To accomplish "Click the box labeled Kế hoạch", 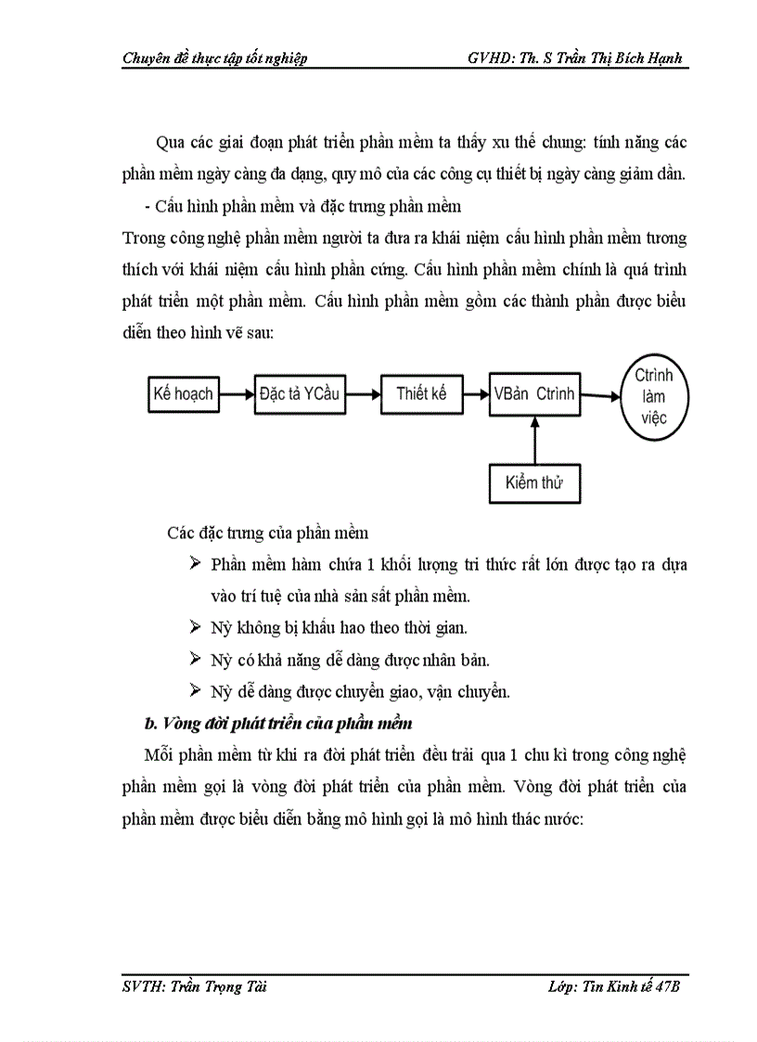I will click(183, 394).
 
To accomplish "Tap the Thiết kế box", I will click(421, 394).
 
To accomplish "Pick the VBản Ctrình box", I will click(534, 394).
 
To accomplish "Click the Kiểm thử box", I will click(534, 482).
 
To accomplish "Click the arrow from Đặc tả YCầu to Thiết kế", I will click(363, 394).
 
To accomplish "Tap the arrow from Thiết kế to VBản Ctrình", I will click(476, 394).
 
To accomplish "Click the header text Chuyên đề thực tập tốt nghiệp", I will click(215, 58).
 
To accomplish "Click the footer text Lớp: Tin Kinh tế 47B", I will click(614, 988).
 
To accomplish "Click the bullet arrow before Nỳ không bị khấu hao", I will click(195, 627).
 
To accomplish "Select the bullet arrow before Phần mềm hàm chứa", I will click(195, 564).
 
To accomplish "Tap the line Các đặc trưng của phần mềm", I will click(268, 533).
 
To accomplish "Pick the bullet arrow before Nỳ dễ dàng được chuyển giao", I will click(195, 690).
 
